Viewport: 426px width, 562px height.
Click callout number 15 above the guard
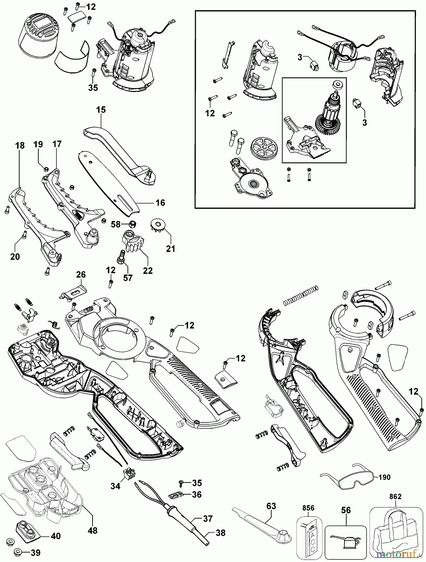[101, 110]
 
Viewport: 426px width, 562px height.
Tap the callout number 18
[20, 146]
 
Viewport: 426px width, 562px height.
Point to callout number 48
[93, 530]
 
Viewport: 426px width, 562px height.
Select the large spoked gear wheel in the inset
[264, 150]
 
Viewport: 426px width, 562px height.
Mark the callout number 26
[81, 275]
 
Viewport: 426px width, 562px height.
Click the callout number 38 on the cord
[220, 533]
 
